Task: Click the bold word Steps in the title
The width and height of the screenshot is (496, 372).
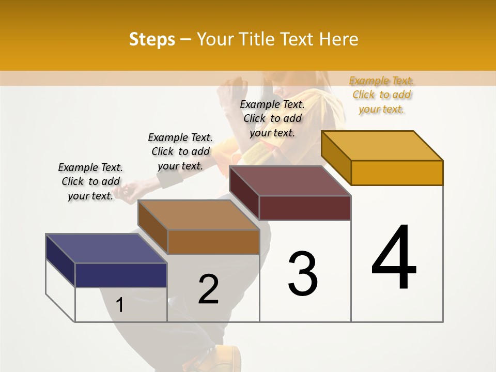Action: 152,39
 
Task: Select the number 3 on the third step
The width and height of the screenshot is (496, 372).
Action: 303,274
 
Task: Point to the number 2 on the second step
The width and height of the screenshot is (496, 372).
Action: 208,289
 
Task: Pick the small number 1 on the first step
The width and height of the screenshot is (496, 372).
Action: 120,305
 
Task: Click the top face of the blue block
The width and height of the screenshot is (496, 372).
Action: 106,248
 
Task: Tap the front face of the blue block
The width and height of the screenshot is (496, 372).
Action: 121,275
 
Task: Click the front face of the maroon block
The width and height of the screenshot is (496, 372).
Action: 305,208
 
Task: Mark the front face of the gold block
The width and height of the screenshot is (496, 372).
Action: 397,173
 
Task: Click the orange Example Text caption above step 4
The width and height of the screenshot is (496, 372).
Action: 381,95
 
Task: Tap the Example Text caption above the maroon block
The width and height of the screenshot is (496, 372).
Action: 272,118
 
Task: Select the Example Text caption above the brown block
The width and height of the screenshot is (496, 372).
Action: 180,151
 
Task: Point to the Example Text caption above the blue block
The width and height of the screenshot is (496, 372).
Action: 90,181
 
